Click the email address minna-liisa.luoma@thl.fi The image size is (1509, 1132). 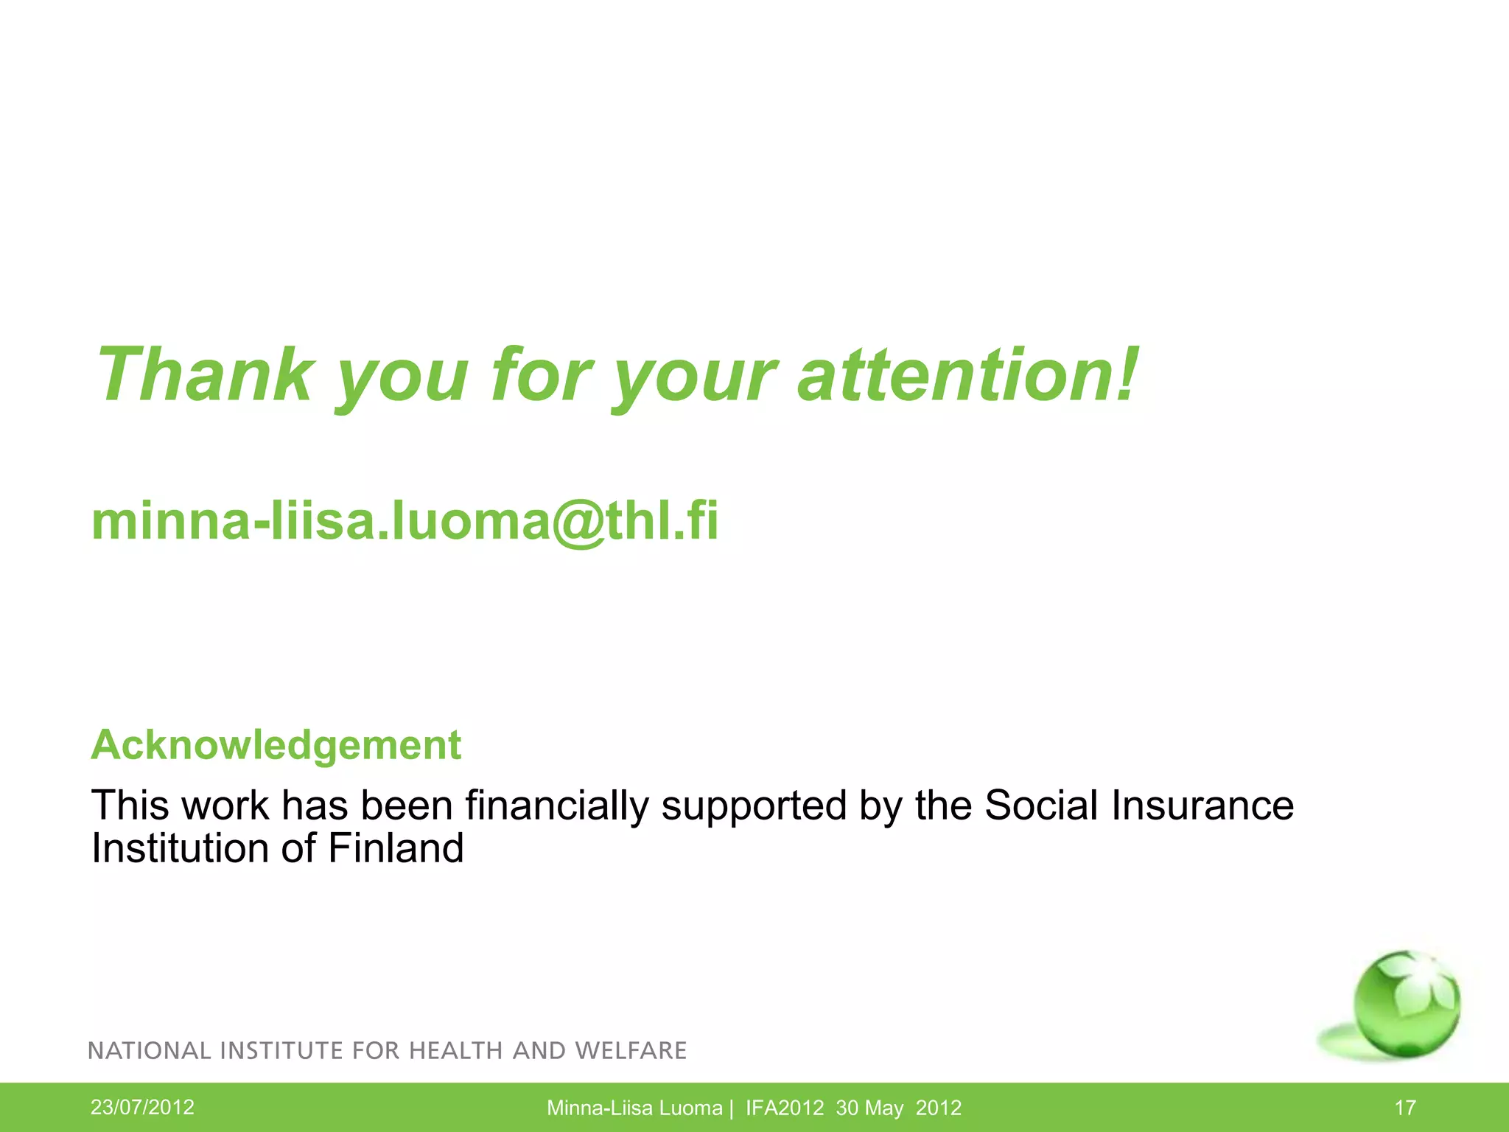pyautogui.click(x=405, y=520)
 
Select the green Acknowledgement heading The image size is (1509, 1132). pyautogui.click(x=276, y=744)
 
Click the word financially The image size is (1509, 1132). pyautogui.click(x=557, y=805)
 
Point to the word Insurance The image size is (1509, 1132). pyautogui.click(x=1202, y=805)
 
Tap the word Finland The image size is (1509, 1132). pyautogui.click(x=396, y=848)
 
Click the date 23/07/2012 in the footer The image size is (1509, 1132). pyautogui.click(x=142, y=1107)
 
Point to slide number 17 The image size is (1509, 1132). pyautogui.click(x=1405, y=1108)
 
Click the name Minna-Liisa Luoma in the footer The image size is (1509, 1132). pyautogui.click(x=634, y=1108)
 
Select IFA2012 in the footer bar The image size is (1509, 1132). pyautogui.click(x=785, y=1108)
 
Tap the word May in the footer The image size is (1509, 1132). pyautogui.click(x=883, y=1108)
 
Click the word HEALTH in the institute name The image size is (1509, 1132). pyautogui.click(x=455, y=1050)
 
